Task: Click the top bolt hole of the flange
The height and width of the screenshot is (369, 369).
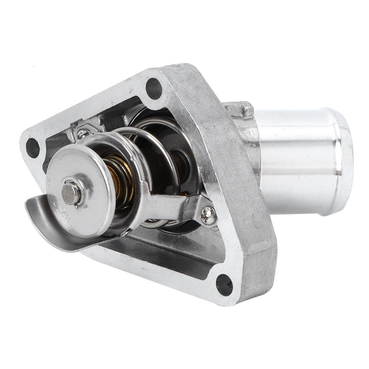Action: click(x=154, y=88)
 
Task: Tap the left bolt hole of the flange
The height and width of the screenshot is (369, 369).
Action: click(x=32, y=147)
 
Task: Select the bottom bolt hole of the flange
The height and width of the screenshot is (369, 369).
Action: click(x=224, y=285)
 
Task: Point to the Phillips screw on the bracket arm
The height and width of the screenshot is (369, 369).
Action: click(x=208, y=215)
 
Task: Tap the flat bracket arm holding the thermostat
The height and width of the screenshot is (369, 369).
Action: click(x=173, y=206)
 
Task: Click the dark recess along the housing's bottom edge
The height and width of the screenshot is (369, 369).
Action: click(x=166, y=258)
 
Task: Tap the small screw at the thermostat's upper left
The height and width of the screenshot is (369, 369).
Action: click(x=83, y=132)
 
